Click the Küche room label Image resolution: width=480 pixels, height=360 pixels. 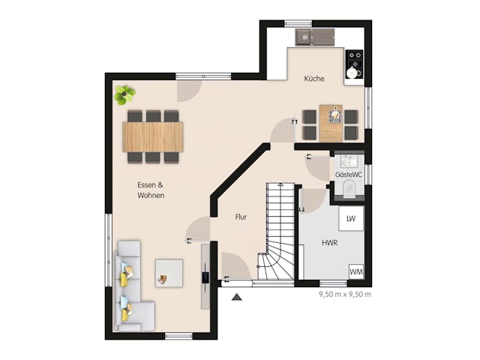click(314, 79)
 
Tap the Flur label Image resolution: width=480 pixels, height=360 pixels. click(241, 217)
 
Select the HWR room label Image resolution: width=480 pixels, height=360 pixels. click(329, 243)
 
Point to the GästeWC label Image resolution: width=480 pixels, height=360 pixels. click(349, 174)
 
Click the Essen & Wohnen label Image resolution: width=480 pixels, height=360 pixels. click(151, 190)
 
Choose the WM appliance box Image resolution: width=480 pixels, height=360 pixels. click(355, 271)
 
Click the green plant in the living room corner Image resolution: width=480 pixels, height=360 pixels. click(124, 94)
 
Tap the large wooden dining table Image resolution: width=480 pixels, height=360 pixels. click(153, 136)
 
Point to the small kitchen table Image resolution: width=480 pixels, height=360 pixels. click(331, 123)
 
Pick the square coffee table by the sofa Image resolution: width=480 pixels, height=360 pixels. click(169, 271)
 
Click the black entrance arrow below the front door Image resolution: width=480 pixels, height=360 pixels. click(237, 297)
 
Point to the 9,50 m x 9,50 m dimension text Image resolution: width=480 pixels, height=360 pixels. click(345, 294)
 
